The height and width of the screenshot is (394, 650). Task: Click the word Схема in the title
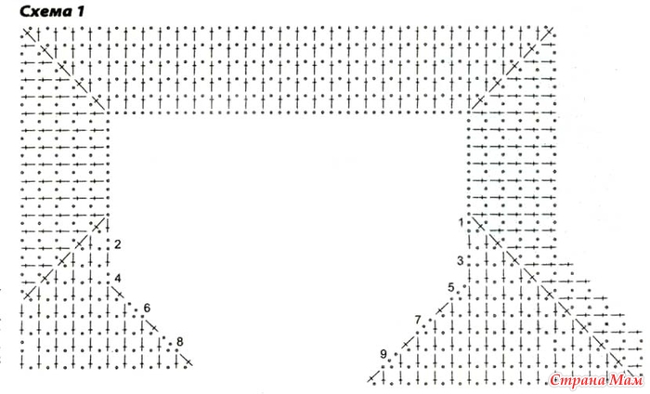tap(45, 11)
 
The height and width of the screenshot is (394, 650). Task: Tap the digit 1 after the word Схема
tap(80, 11)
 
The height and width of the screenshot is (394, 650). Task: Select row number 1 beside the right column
tap(461, 223)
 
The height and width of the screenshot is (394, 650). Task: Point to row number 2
tap(117, 244)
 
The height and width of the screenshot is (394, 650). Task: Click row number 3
tap(461, 261)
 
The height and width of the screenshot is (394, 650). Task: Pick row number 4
tap(117, 278)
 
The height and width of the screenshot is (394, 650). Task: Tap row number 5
tap(451, 287)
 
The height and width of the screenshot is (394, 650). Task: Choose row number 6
tap(147, 309)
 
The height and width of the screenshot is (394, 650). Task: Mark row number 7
tap(418, 320)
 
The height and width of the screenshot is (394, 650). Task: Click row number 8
tap(179, 342)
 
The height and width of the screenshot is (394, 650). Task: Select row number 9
tap(383, 354)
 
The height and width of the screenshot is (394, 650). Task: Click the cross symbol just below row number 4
tap(118, 294)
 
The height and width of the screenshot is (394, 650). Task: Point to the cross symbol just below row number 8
tap(186, 361)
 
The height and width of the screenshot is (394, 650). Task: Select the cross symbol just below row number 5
tap(442, 309)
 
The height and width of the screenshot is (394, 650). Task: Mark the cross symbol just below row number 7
tap(408, 344)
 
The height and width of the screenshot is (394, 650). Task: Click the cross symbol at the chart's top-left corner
tap(27, 33)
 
